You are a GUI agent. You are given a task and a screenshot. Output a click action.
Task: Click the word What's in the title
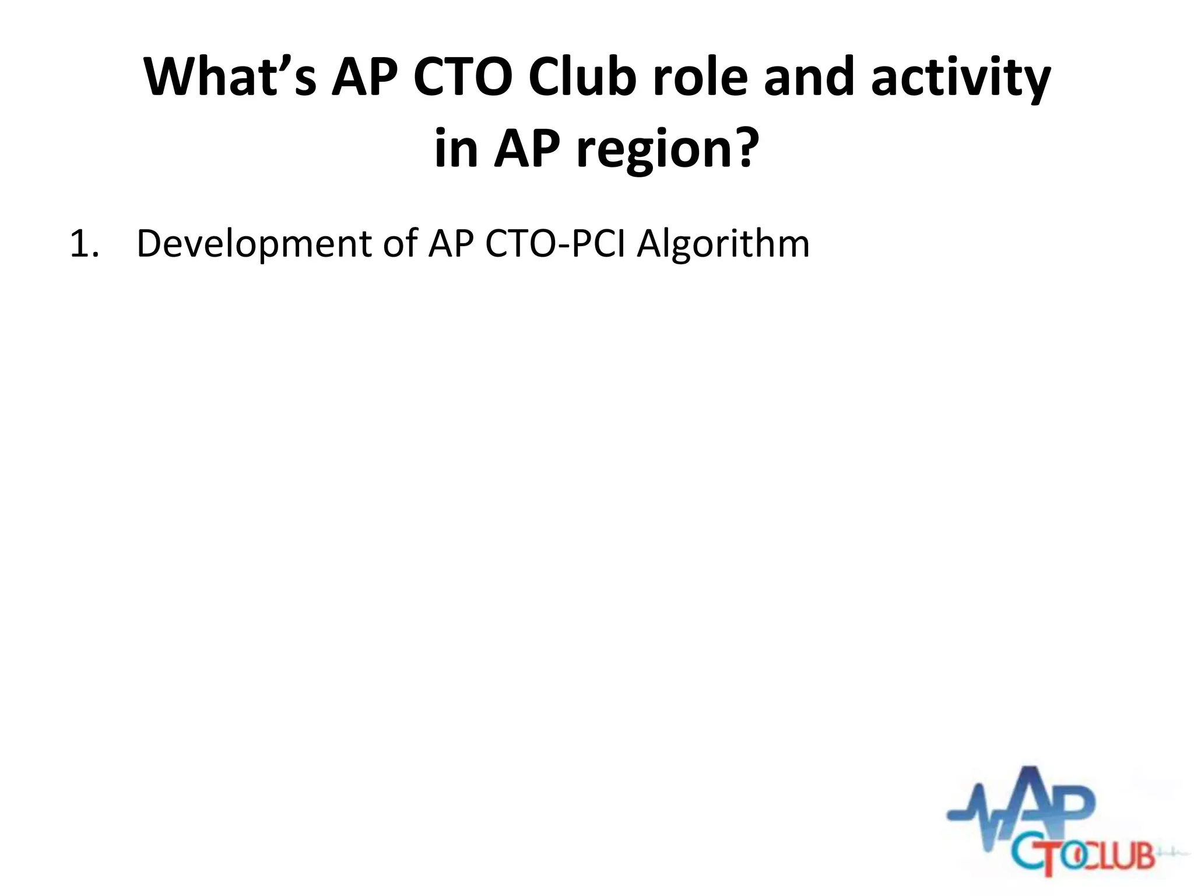230,78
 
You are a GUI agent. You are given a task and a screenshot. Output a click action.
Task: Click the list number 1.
83,244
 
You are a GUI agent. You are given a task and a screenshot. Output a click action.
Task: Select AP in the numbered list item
451,244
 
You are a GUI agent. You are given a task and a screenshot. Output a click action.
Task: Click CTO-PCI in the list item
556,244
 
